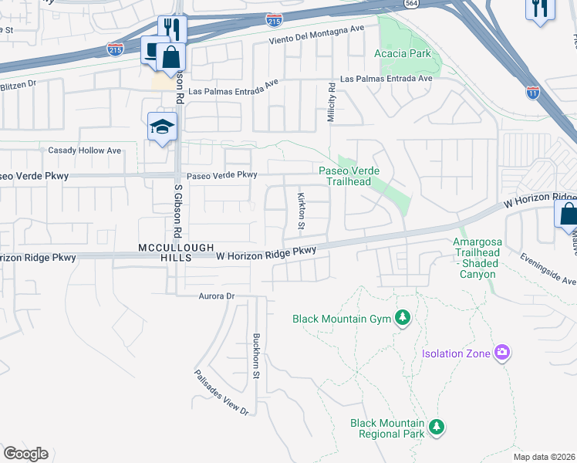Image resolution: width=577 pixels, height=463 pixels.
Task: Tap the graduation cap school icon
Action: click(x=163, y=126)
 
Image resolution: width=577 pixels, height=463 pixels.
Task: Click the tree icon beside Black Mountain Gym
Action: click(x=401, y=318)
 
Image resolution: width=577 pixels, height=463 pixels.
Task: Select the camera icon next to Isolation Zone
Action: click(x=503, y=353)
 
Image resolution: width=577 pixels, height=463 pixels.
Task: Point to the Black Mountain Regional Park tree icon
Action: click(x=437, y=428)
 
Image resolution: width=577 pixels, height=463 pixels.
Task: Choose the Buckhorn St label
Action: click(x=256, y=356)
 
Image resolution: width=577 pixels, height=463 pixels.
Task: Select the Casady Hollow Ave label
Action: click(x=85, y=150)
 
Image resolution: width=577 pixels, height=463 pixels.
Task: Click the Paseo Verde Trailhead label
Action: click(x=354, y=176)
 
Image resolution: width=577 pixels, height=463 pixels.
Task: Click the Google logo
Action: click(x=25, y=454)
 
